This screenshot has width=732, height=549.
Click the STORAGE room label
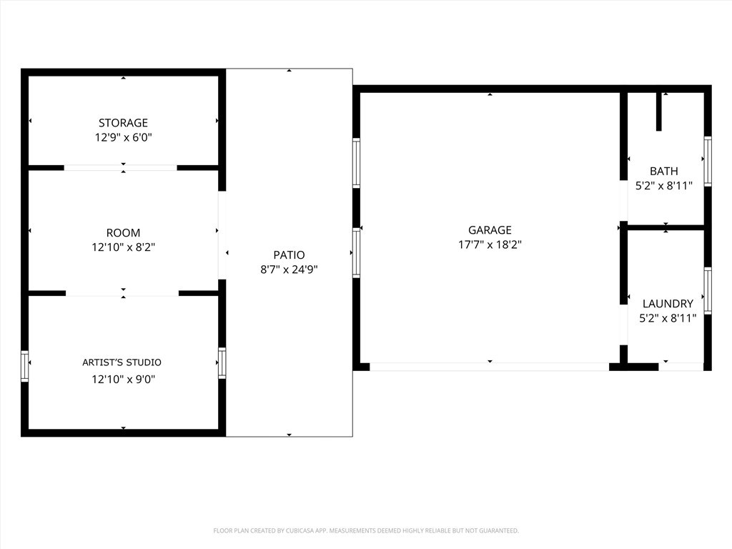coord(123,123)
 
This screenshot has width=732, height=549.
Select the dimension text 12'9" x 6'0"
coord(123,137)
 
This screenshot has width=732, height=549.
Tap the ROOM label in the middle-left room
coord(123,233)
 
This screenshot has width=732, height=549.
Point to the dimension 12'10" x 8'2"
coord(123,247)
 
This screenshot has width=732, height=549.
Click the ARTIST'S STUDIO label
coord(122,362)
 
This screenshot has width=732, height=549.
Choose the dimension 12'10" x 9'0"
coord(123,380)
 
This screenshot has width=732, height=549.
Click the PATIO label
coord(289,255)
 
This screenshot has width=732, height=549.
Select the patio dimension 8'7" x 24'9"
coord(289,269)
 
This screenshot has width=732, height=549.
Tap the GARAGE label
coord(490,230)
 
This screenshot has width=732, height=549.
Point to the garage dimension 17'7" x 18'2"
coord(490,244)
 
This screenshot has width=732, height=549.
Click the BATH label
coord(664,172)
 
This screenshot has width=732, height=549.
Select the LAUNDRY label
coord(668,304)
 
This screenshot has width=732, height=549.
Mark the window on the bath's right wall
coord(708,161)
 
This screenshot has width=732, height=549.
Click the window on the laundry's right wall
coord(708,290)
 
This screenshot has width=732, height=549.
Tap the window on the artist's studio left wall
coord(25,366)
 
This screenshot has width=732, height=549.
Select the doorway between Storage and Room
coord(121,168)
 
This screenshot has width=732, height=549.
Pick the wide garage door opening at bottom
coord(489,367)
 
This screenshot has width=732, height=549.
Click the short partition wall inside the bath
coord(658,112)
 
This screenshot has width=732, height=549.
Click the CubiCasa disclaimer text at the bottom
coord(366,530)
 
